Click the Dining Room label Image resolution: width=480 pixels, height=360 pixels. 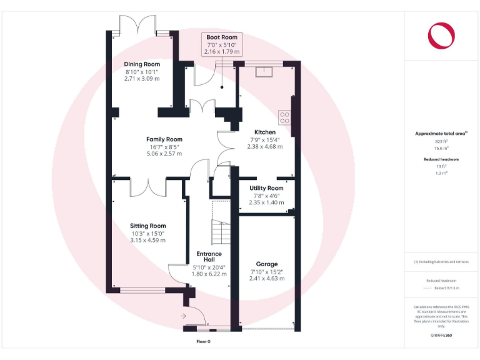[142, 64]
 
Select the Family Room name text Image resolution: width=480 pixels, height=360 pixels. [164, 139]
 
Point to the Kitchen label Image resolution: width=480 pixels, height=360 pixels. [265, 132]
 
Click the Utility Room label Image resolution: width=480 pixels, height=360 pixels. [266, 188]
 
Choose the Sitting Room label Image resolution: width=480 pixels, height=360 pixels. [148, 226]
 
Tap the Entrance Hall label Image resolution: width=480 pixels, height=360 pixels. [209, 256]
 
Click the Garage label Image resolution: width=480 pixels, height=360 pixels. [267, 264]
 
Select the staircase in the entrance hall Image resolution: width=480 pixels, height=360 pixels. [221, 232]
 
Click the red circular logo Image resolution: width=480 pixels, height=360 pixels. [441, 35]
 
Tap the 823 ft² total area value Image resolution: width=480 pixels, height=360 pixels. [441, 142]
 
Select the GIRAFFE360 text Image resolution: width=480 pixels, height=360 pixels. [441, 336]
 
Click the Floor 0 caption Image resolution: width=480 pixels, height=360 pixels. [204, 342]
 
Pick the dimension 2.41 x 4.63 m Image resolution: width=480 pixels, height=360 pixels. [267, 278]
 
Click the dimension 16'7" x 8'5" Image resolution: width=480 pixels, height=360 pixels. [164, 147]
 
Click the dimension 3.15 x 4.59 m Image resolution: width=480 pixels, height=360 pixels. [148, 240]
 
